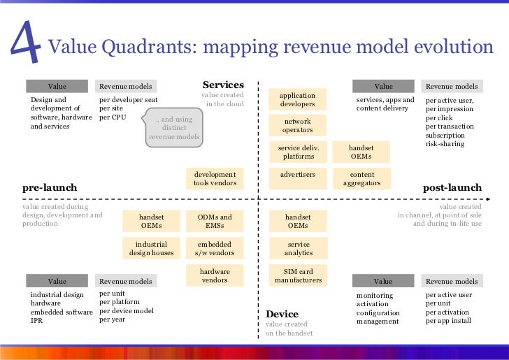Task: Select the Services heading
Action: tap(223, 85)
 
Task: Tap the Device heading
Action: tap(282, 314)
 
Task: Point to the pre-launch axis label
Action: tap(50, 188)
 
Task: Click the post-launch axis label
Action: tap(452, 188)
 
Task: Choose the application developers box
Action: tap(298, 100)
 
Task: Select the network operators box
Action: tap(298, 126)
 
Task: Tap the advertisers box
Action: tap(298, 175)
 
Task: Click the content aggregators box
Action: tap(361, 179)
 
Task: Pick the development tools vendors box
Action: tap(215, 179)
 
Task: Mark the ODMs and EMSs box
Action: tap(215, 222)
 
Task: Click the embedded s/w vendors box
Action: tap(215, 249)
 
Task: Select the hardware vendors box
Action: tap(215, 275)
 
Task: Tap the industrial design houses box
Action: tap(151, 249)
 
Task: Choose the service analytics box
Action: tap(298, 249)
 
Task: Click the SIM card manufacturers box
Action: tap(298, 275)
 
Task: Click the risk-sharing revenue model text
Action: tap(445, 144)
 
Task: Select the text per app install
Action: tap(448, 321)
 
